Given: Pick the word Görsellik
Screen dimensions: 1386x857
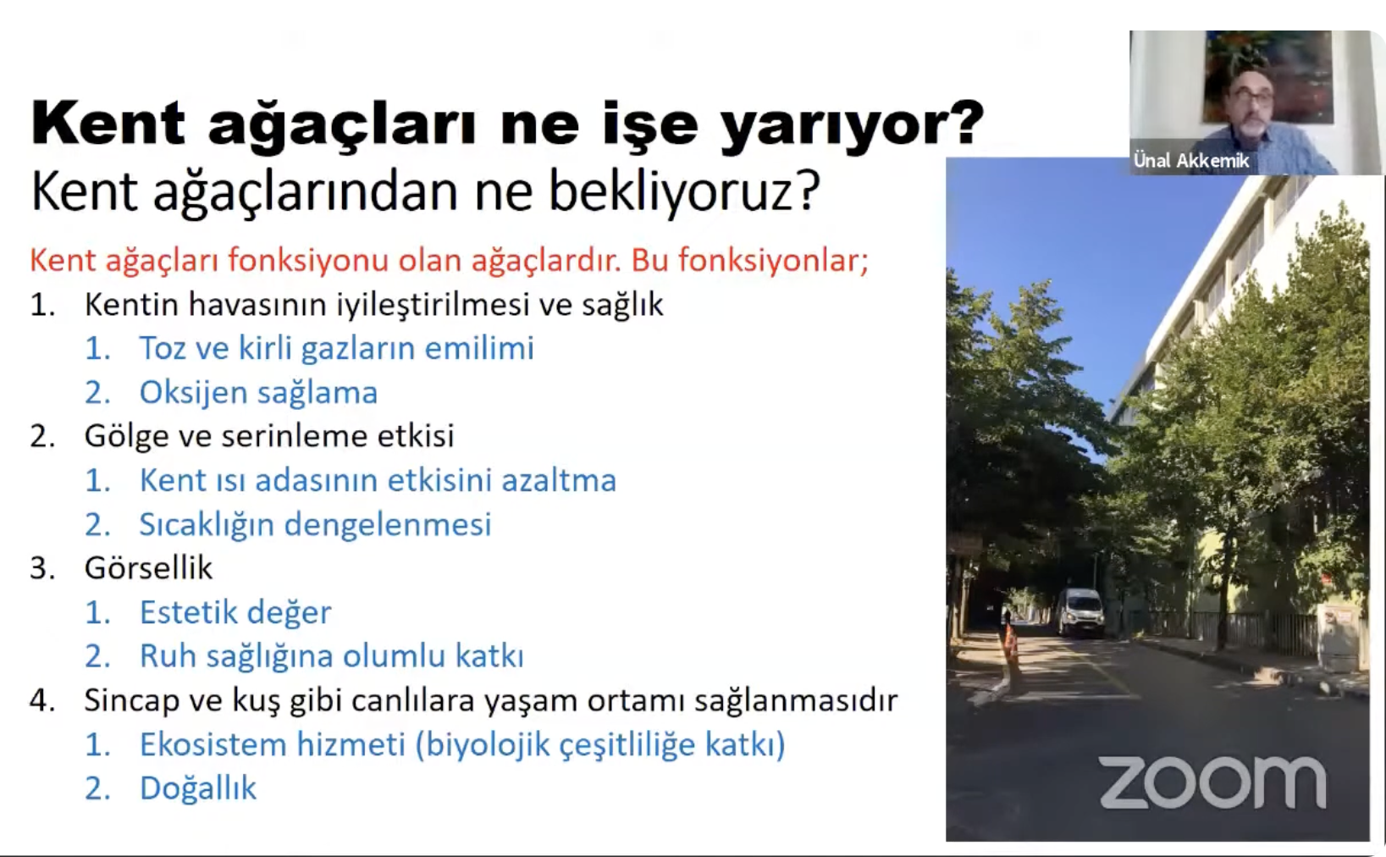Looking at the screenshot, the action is click(148, 567).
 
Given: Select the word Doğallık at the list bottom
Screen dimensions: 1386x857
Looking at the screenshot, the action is click(198, 788).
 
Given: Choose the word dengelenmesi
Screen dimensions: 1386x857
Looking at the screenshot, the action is click(388, 525).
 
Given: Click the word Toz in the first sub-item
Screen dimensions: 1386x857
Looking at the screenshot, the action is click(163, 348).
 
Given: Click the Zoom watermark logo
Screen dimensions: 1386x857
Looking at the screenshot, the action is click(1212, 782).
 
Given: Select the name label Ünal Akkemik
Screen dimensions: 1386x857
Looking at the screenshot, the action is click(1191, 161).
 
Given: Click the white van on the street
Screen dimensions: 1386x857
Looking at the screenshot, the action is click(1080, 611).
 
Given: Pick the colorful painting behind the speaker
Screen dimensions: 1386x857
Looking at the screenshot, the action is click(1267, 75).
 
